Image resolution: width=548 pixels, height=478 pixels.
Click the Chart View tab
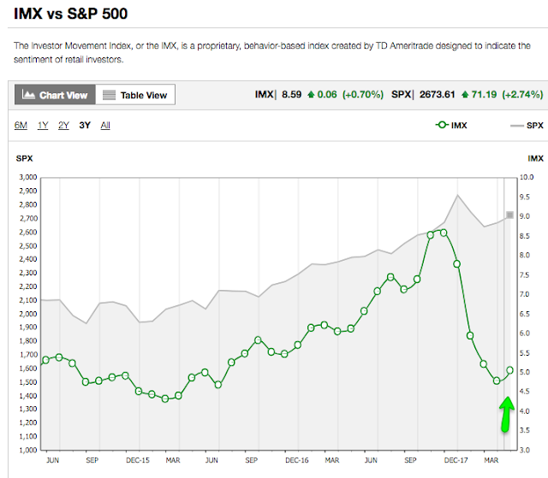pyautogui.click(x=54, y=95)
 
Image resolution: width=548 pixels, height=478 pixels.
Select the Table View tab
pyautogui.click(x=134, y=95)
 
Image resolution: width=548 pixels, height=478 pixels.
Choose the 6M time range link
pyautogui.click(x=21, y=126)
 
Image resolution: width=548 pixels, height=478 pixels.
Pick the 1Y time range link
pyautogui.click(x=43, y=126)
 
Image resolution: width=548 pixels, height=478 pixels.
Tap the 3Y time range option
pyautogui.click(x=85, y=126)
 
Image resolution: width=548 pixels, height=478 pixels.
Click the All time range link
pyautogui.click(x=105, y=126)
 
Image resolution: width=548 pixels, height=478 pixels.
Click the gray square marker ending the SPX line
pyautogui.click(x=509, y=215)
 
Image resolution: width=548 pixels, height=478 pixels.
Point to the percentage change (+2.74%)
pyautogui.click(x=521, y=95)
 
